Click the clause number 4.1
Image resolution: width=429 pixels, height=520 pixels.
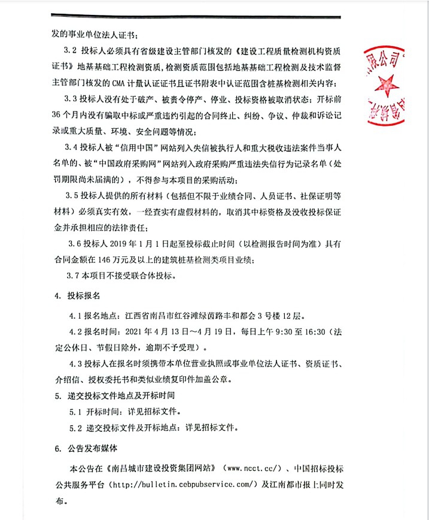tap(77, 315)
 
